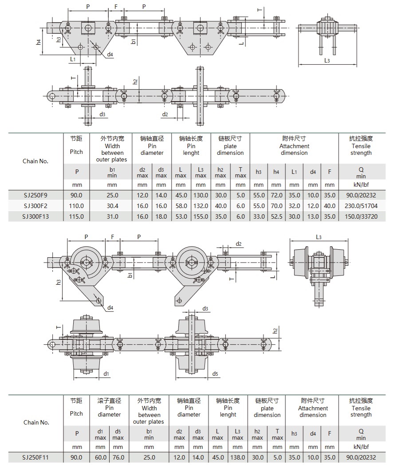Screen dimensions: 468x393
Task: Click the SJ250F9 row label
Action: pyautogui.click(x=35, y=195)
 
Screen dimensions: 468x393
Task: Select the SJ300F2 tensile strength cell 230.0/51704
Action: pyautogui.click(x=361, y=206)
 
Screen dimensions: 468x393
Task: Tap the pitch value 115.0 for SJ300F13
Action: pyautogui.click(x=76, y=217)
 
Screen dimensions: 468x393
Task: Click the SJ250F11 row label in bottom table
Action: pyautogui.click(x=35, y=457)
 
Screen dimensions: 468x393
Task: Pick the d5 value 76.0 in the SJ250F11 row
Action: pyautogui.click(x=118, y=457)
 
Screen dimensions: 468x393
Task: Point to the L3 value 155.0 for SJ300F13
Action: pyautogui.click(x=201, y=217)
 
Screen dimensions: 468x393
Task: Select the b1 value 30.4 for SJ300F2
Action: pyautogui.click(x=112, y=206)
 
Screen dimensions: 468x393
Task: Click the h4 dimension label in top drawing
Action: pyautogui.click(x=39, y=42)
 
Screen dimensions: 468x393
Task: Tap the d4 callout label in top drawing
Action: pyautogui.click(x=110, y=54)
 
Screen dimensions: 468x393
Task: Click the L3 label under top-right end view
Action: pyautogui.click(x=327, y=60)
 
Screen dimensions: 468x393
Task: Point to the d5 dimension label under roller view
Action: pyautogui.click(x=215, y=374)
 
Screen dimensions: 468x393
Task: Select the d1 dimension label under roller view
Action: pyautogui.click(x=106, y=374)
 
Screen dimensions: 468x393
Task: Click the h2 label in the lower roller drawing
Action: pyautogui.click(x=275, y=330)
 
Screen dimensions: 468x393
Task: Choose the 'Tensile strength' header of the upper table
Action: pyautogui.click(x=361, y=146)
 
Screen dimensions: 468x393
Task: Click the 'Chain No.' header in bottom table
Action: pyautogui.click(x=35, y=422)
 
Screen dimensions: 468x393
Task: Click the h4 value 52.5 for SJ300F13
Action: pyautogui.click(x=276, y=217)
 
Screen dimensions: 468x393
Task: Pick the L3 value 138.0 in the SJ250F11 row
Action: pyautogui.click(x=238, y=457)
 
